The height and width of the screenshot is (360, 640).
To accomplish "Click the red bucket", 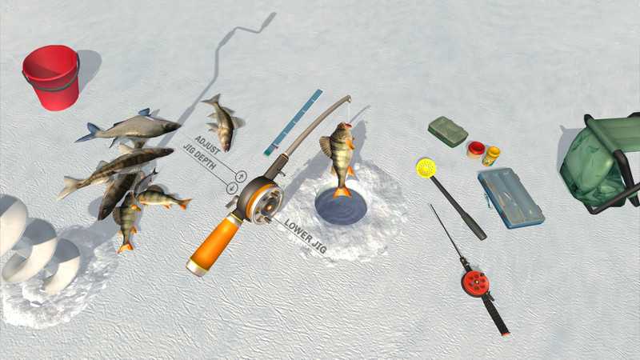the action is click(x=51, y=77).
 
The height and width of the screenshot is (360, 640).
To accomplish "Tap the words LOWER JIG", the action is click(x=306, y=236).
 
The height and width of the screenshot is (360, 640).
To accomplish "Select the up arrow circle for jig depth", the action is click(x=242, y=176).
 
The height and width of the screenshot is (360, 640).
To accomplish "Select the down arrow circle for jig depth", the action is click(x=232, y=188).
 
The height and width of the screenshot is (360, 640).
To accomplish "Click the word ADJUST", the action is click(x=208, y=145).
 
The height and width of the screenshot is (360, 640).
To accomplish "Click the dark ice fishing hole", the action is click(x=335, y=206).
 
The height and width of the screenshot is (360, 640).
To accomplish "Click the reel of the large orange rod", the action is click(x=260, y=198).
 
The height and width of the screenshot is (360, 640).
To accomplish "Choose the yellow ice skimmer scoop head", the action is click(x=426, y=168).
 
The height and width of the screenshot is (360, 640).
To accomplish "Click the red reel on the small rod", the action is click(x=475, y=282).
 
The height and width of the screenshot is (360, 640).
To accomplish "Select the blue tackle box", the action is click(x=510, y=198).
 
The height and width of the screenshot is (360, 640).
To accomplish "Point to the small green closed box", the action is click(x=448, y=131).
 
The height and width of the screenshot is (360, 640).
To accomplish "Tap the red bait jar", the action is click(x=476, y=150).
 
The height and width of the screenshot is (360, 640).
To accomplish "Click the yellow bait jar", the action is click(x=490, y=155).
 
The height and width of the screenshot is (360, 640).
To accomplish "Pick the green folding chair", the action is click(x=599, y=163).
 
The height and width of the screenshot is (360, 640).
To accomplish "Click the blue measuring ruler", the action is click(x=293, y=122).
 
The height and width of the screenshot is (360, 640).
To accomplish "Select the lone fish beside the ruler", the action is click(x=223, y=122).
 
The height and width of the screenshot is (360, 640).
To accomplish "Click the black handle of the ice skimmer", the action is click(x=458, y=208).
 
